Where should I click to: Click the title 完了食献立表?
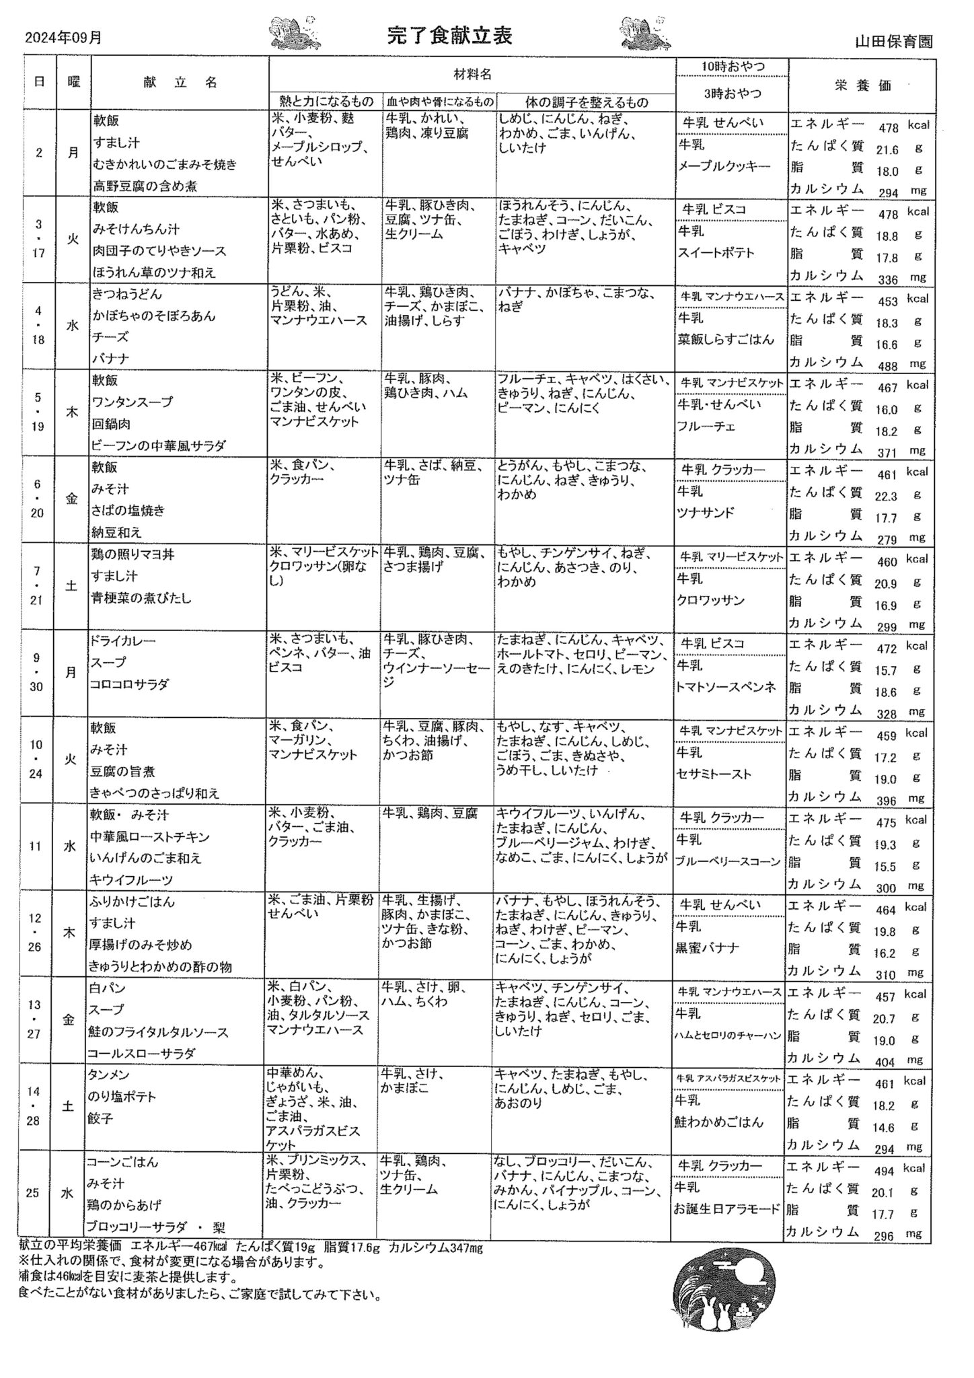449,36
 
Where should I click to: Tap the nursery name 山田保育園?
893,41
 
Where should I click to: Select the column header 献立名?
180,82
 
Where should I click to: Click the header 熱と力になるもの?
326,102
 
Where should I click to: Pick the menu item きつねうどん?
127,294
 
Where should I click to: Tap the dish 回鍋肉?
111,424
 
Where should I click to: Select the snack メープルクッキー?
724,166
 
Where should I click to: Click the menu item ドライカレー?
122,641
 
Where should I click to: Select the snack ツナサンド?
705,513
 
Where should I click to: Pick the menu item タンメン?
108,1075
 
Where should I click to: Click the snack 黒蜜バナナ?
708,948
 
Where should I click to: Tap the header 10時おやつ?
733,67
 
